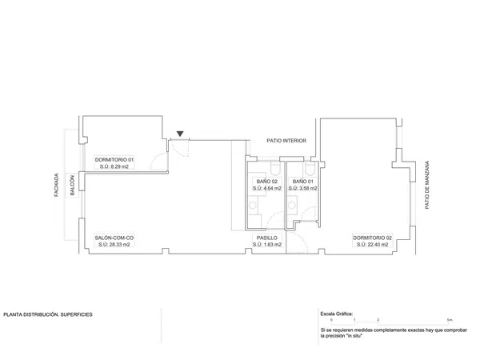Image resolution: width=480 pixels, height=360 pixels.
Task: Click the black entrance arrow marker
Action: coord(180,134)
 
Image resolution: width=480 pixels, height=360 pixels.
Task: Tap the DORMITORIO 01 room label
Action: coord(114,160)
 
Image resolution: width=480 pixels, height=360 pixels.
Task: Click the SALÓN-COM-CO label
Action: coord(114,238)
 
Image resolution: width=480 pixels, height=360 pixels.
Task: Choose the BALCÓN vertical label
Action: coord(72,186)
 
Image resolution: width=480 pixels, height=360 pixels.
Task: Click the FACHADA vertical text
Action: coord(56,185)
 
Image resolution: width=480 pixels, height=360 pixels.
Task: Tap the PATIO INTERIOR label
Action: coord(286,141)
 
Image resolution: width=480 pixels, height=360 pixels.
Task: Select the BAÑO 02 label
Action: coord(267,182)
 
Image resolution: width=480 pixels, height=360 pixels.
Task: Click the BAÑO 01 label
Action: coord(302,182)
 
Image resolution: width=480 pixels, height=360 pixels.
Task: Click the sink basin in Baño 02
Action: coord(253,205)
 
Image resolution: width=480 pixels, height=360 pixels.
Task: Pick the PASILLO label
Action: coord(267,238)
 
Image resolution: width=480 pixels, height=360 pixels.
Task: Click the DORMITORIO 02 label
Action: coord(372,238)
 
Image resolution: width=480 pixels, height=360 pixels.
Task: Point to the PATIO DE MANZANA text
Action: coord(427,186)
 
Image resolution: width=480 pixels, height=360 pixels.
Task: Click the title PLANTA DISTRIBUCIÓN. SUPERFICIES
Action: coord(48,314)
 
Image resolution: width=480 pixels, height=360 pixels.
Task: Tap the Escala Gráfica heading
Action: coord(337,314)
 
